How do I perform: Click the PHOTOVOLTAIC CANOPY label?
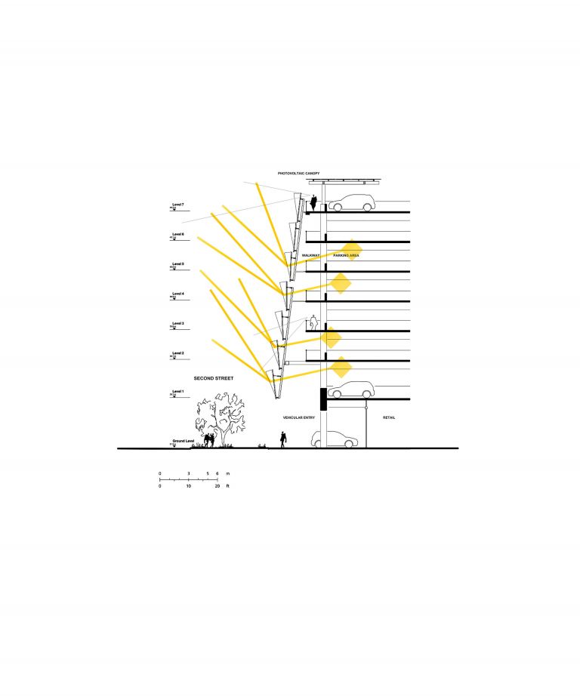[x=298, y=174]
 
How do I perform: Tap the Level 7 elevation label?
[x=178, y=205]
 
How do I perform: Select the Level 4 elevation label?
[x=178, y=294]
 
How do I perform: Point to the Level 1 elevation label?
[x=178, y=391]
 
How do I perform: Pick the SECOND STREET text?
[x=214, y=377]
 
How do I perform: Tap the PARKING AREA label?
[x=345, y=256]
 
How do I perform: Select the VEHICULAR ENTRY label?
[x=298, y=417]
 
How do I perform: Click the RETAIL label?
[x=389, y=417]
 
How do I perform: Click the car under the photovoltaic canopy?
[x=351, y=202]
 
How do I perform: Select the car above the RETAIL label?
[x=351, y=390]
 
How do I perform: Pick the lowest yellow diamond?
[x=341, y=368]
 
